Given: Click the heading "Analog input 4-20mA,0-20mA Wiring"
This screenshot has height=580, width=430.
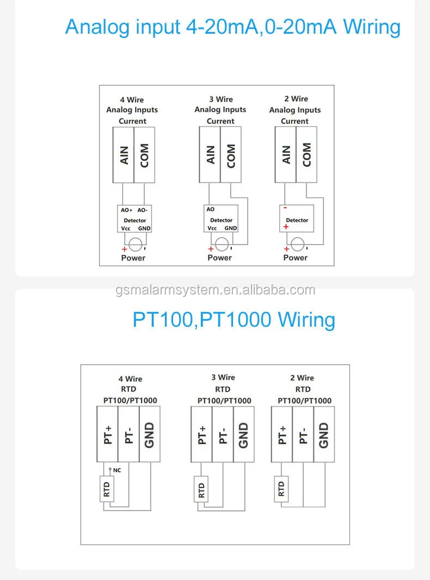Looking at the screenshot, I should pos(232,26).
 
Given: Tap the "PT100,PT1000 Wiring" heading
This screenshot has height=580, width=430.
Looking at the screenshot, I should pos(234,319).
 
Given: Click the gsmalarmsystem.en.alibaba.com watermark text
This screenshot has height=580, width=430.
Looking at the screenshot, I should pos(215,290).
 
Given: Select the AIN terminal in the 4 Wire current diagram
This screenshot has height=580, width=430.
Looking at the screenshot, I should pos(124,155).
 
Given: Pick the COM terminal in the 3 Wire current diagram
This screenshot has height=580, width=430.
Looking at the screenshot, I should pos(231,155).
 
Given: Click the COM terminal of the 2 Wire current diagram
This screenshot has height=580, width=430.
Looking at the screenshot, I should pos(306,155).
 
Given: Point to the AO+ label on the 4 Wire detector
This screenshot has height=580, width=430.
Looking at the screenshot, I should pos(126,210).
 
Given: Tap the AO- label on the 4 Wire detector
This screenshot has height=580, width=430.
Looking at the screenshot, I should pos(143,210).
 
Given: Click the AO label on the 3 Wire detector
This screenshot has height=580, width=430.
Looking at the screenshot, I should pos(211,209).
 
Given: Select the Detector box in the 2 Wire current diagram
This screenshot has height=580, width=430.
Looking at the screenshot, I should pos(297,220).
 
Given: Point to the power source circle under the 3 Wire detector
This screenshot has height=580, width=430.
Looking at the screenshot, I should pos(222,244).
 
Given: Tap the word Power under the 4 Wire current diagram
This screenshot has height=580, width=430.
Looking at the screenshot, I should pos(133,258).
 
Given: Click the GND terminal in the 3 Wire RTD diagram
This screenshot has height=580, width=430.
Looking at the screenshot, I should pos(243,435).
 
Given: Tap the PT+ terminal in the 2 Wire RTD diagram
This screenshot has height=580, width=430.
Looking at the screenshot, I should pos(282,435).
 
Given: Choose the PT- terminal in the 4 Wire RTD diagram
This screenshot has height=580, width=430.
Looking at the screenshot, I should pos(129,435).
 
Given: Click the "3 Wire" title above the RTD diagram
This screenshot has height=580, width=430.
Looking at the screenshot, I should pos(223,377).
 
